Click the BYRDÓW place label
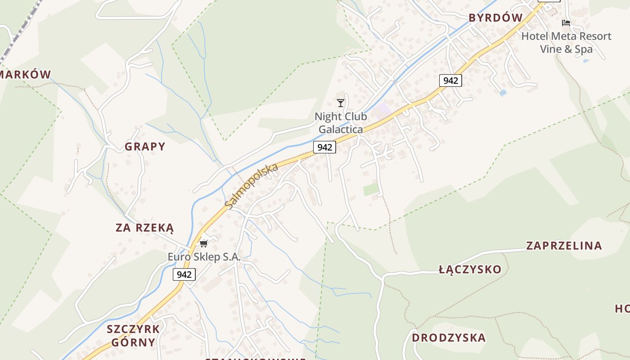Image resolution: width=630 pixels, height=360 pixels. point(495,18)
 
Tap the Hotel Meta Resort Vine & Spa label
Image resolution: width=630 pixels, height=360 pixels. point(566,42)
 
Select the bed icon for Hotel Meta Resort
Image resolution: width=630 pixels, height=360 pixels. point(566,22)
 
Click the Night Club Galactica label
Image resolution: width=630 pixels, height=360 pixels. point(340,123)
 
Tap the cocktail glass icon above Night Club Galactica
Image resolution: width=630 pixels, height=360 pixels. point(341,103)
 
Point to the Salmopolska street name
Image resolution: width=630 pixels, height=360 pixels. point(252,186)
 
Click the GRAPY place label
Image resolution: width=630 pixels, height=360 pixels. point(145,147)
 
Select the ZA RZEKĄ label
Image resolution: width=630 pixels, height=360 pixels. point(144,228)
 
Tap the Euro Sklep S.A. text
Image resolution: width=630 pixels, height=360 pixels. point(204,257)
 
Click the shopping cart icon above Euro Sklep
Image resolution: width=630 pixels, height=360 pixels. point(204,243)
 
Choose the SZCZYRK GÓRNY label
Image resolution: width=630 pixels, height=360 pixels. point(133,335)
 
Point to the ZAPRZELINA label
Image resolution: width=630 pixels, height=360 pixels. point(564,246)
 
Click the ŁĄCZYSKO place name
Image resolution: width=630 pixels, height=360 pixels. point(470,270)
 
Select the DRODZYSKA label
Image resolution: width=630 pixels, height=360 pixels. point(449,337)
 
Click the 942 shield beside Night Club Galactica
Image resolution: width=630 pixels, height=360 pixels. point(324,147)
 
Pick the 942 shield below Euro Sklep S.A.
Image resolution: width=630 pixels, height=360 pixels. point(184,274)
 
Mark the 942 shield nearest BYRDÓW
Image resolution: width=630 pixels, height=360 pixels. point(450,81)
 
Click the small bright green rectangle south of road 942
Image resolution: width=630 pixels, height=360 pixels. point(371,190)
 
